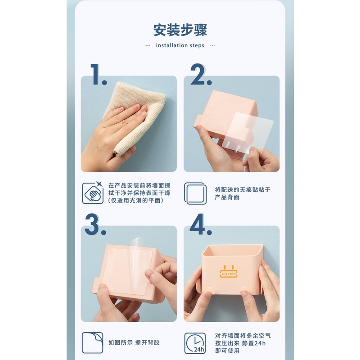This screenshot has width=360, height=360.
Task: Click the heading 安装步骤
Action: pyautogui.click(x=180, y=30)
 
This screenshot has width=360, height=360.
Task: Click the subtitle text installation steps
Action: pyautogui.click(x=180, y=45)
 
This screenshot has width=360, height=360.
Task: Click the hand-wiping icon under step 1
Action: pyautogui.click(x=93, y=193)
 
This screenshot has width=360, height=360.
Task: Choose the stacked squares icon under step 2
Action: pyautogui.click(x=195, y=193)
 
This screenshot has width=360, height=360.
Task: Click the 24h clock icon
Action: pyautogui.click(x=195, y=343)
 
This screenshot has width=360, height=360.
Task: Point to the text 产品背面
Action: pyautogui.click(x=227, y=197)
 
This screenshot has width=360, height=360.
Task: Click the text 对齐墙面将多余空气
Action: pyautogui.click(x=243, y=336)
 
